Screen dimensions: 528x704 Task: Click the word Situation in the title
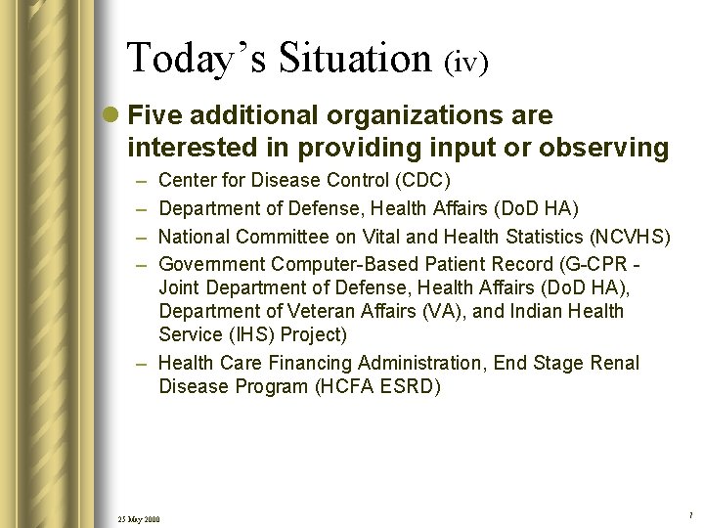(x=355, y=59)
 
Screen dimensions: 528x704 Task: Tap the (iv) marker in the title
(x=465, y=63)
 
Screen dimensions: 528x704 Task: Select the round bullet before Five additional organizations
(x=113, y=116)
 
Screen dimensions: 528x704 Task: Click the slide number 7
(x=689, y=514)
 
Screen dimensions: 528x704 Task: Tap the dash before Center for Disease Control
(x=140, y=181)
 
